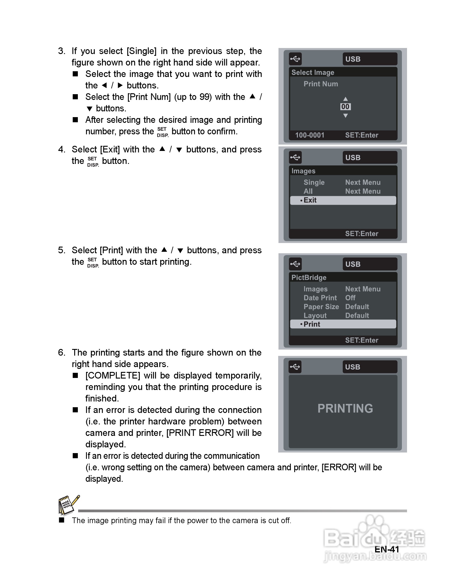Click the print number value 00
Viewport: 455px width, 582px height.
click(345, 107)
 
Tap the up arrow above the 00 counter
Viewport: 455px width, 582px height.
click(345, 99)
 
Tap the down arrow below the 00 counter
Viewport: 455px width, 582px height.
click(345, 116)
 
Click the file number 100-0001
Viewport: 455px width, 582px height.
click(310, 135)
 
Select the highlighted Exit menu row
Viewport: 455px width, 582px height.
click(343, 200)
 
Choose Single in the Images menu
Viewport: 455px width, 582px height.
click(314, 182)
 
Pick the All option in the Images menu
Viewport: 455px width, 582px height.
click(308, 191)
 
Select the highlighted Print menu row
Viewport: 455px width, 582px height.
click(343, 324)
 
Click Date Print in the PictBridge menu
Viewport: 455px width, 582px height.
click(320, 298)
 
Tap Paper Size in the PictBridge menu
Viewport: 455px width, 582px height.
click(321, 307)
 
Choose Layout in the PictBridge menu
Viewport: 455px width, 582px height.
click(315, 315)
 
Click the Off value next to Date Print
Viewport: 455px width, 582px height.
click(350, 298)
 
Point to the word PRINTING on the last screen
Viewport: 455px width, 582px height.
click(345, 408)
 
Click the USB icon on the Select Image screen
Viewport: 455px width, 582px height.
click(295, 59)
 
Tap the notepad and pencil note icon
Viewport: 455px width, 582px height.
click(68, 505)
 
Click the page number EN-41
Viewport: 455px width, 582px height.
click(387, 549)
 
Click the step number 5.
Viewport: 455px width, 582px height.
click(61, 250)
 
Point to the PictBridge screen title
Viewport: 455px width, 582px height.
click(309, 277)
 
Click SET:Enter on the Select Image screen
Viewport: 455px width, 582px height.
click(361, 135)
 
